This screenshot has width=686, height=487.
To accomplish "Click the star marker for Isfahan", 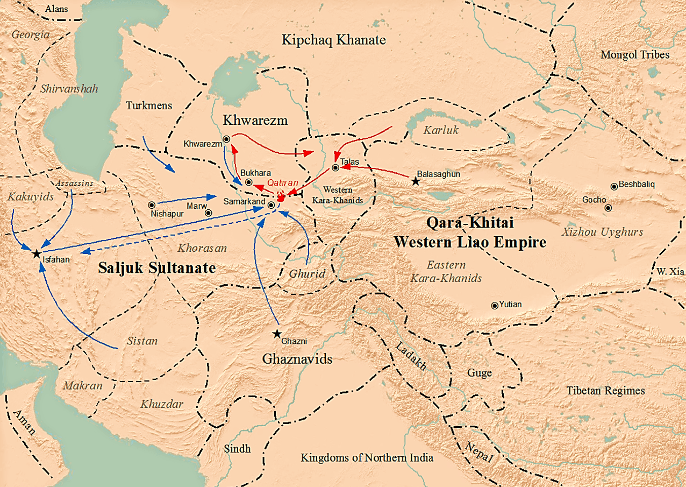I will (x=36, y=253).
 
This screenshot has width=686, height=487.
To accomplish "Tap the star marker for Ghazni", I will (x=277, y=334).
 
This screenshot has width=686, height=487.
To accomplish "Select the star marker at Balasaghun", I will (x=415, y=181).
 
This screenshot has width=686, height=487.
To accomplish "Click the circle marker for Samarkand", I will (x=271, y=205).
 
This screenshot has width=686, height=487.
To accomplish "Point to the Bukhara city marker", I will (x=249, y=182).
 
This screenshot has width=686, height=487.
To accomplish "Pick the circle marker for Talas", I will (x=335, y=168).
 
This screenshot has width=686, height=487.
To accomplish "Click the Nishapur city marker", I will (x=152, y=205).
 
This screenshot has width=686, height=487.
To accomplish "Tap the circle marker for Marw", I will (x=209, y=213).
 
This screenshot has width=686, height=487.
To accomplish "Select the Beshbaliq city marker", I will (x=614, y=187).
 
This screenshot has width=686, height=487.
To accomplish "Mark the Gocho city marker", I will (x=608, y=208).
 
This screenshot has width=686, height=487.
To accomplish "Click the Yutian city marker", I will (x=495, y=306).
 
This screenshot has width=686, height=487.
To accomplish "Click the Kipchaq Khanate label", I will (x=334, y=40).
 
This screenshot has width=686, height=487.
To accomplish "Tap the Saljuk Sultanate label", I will (x=157, y=269).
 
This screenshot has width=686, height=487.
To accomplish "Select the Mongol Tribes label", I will (x=635, y=54).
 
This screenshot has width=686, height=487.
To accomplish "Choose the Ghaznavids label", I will (x=297, y=359).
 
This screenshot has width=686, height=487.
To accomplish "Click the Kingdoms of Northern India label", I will (x=367, y=458).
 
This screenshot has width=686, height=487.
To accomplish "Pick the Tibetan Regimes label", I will (x=605, y=391).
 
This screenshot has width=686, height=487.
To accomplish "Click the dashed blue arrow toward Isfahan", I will (x=177, y=235).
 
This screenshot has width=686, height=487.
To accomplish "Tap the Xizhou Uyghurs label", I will (x=602, y=232).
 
